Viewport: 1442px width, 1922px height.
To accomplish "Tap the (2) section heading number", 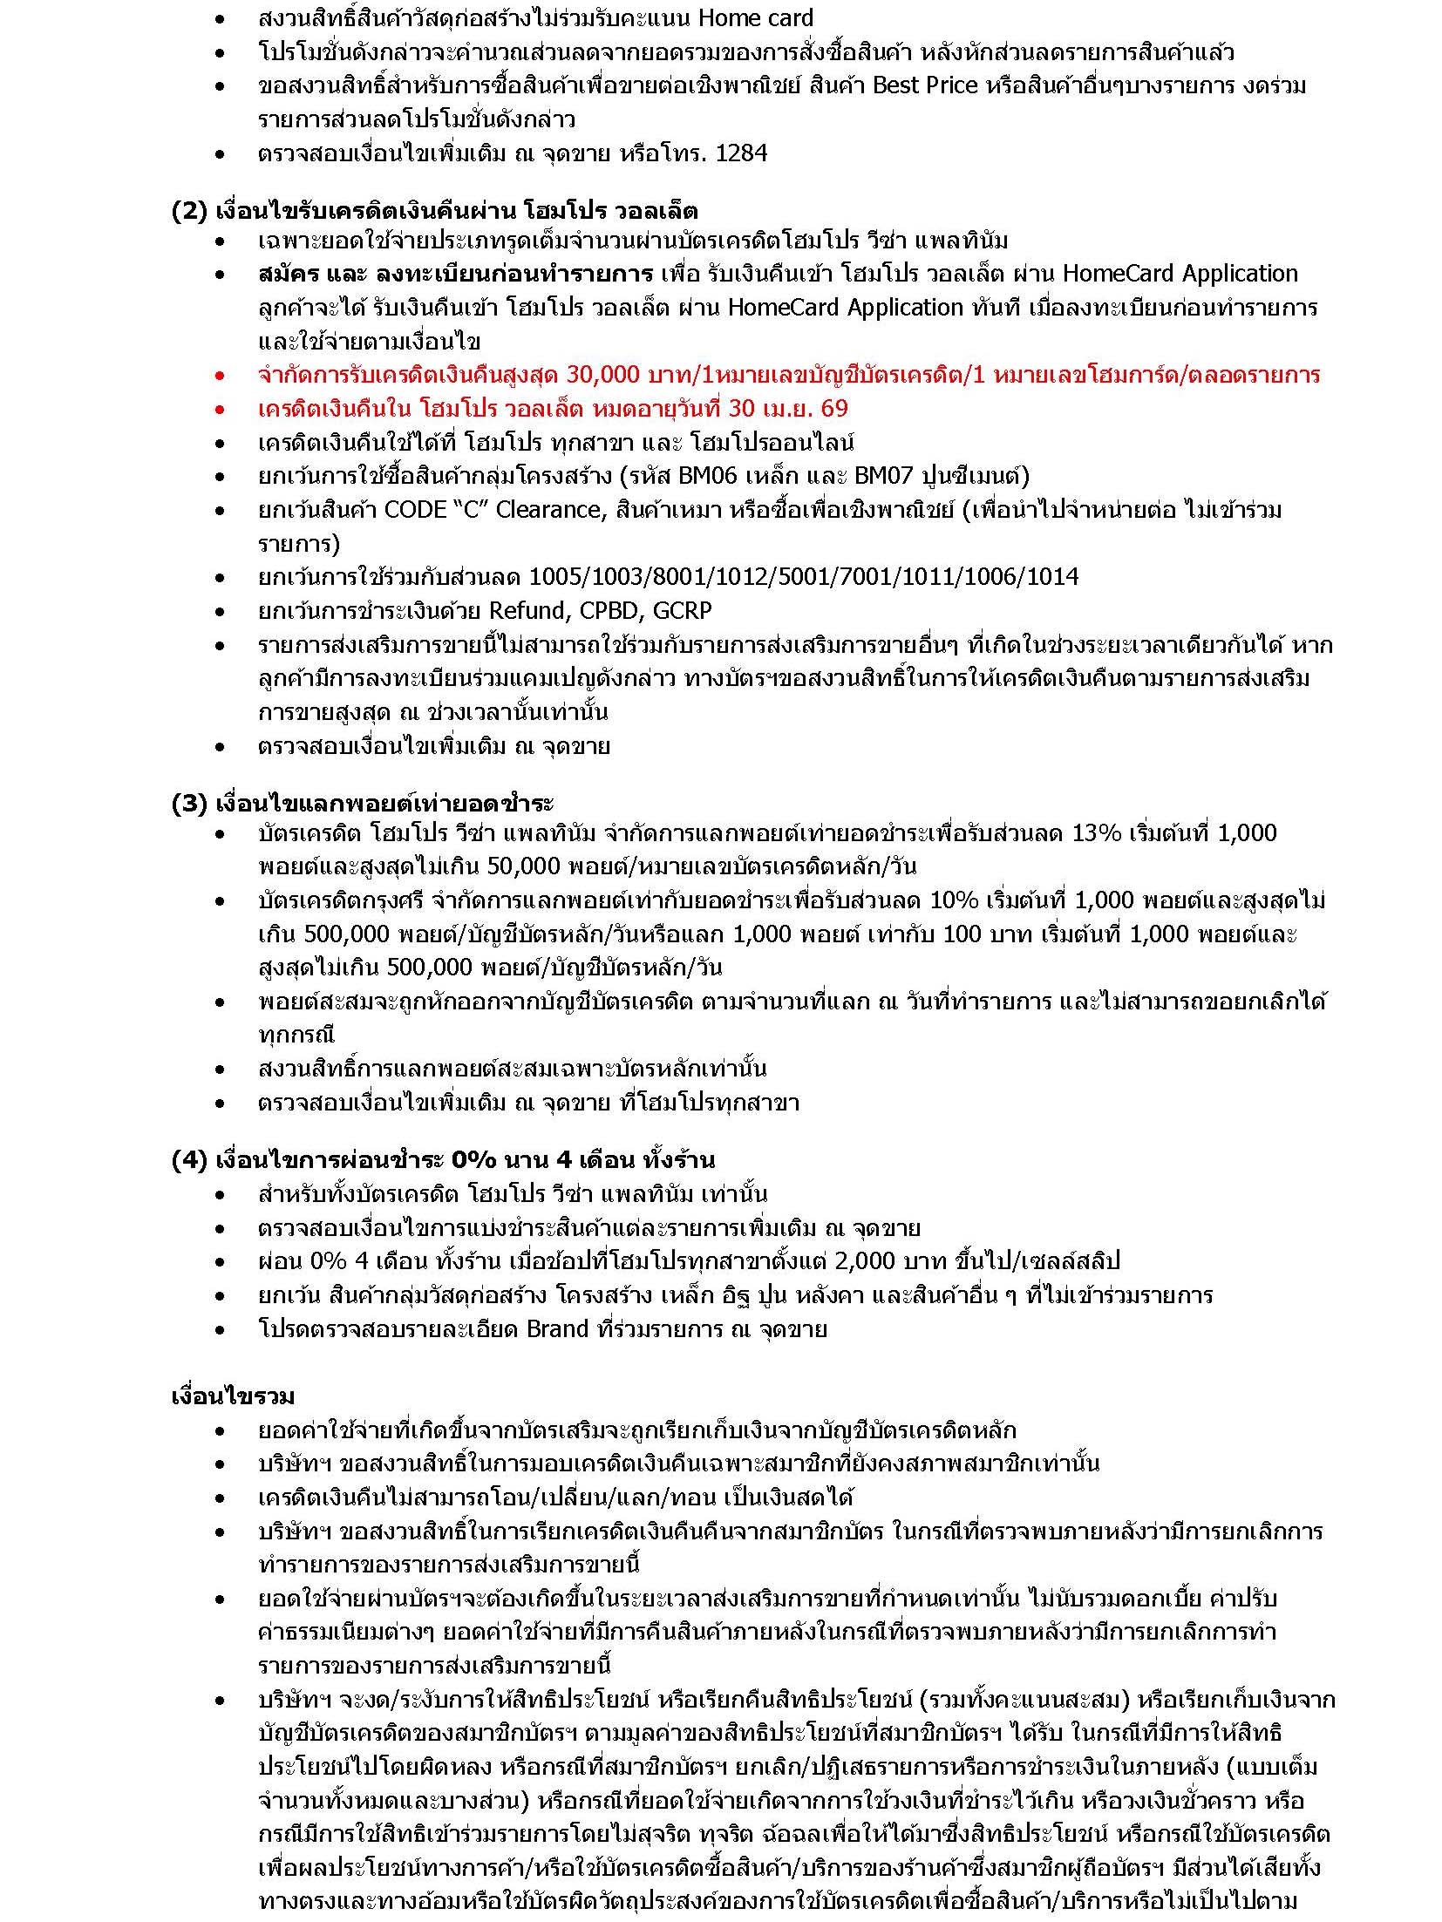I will tap(187, 212).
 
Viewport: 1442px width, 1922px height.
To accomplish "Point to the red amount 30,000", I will tap(602, 375).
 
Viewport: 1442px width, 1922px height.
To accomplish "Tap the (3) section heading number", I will tap(187, 803).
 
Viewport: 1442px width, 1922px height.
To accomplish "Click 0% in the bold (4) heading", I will tap(473, 1160).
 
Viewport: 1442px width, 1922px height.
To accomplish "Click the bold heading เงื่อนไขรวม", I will tap(233, 1396).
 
